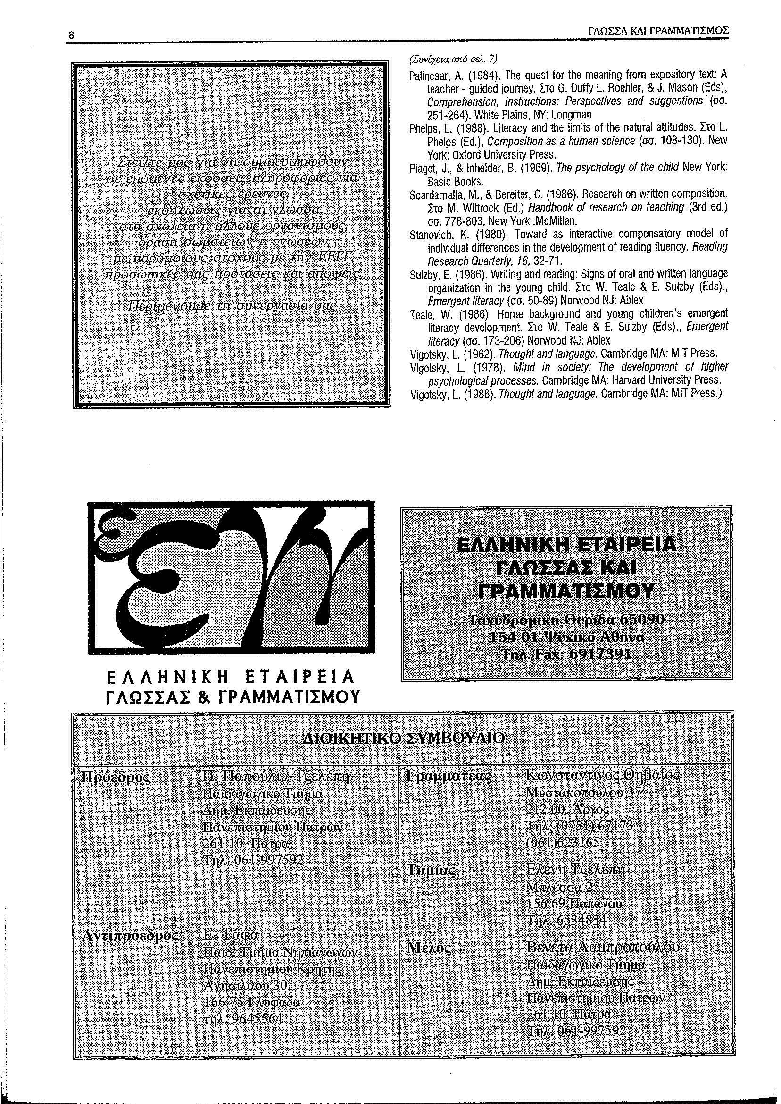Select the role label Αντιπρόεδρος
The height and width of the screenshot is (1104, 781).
point(131,936)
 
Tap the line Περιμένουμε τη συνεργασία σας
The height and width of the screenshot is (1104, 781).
point(232,306)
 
